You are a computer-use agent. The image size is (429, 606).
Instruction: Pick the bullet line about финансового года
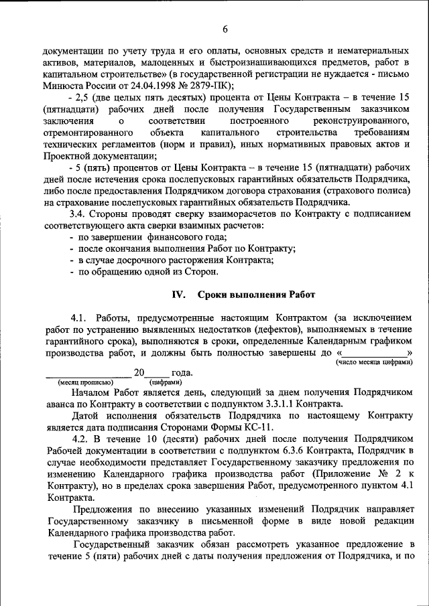pos(153,237)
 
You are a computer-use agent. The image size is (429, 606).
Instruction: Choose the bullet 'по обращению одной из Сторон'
pos(148,272)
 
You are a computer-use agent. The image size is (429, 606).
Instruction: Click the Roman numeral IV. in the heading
pos(179,295)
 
